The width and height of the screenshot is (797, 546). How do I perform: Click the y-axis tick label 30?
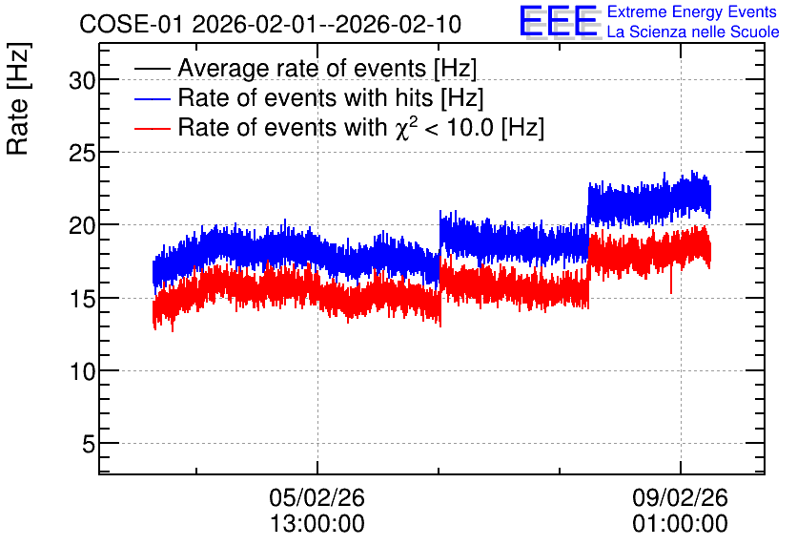[82, 80]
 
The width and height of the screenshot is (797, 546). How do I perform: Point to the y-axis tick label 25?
[82, 153]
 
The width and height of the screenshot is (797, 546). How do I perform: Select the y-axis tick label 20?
[82, 225]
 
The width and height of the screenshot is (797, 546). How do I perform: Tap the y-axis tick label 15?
[82, 299]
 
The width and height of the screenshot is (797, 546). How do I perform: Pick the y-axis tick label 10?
[82, 371]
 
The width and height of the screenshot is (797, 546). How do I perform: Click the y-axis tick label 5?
[89, 444]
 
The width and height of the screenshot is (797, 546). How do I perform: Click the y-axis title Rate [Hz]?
[19, 98]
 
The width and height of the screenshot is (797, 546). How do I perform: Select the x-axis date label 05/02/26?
[317, 497]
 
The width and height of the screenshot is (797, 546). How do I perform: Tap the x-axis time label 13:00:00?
[317, 524]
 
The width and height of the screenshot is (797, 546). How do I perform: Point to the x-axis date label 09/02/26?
[680, 497]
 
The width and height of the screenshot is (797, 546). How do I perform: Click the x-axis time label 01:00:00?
[680, 524]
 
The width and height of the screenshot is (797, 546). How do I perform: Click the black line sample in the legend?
[152, 69]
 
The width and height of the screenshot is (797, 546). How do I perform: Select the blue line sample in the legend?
[152, 98]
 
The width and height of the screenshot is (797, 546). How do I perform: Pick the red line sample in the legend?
[152, 128]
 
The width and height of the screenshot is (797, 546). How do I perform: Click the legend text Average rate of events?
[302, 69]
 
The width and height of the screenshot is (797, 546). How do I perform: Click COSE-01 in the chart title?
[131, 24]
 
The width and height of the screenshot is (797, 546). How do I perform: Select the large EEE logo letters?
[559, 21]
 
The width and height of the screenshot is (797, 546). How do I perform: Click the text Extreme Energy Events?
[692, 11]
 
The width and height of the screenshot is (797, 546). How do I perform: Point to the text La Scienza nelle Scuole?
[693, 32]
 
